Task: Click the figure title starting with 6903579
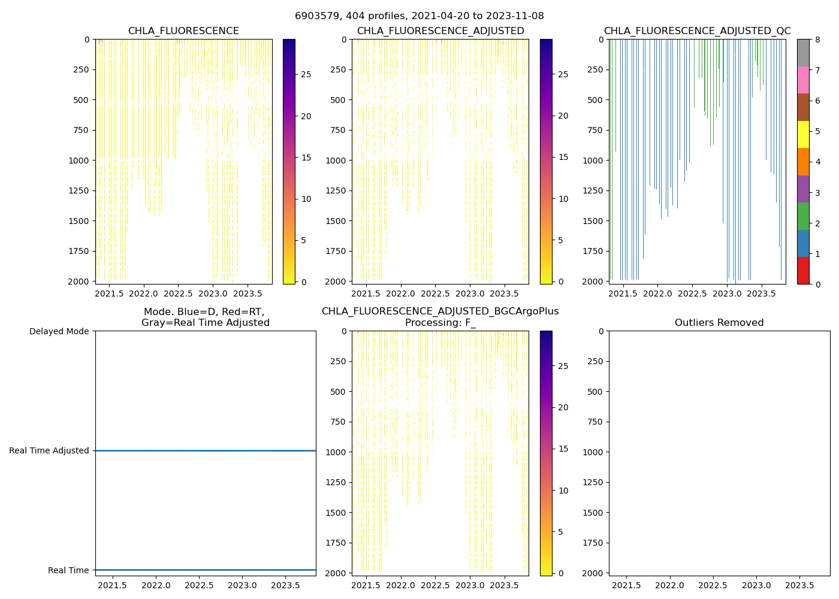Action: coord(419,16)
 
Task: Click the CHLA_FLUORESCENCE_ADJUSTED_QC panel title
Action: coord(697,31)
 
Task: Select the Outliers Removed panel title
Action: coord(719,323)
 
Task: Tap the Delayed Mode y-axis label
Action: coord(59,331)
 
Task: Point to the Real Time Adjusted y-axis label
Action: coord(49,450)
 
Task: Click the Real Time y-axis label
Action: coord(68,570)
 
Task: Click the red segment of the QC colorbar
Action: coord(803,271)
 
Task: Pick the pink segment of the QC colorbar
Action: coord(803,80)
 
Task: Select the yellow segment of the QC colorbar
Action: coord(803,135)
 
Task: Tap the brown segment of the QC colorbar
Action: coord(803,107)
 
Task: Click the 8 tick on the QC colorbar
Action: coord(817,40)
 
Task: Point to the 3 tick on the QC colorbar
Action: coord(817,193)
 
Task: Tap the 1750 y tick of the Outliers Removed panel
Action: coord(593,543)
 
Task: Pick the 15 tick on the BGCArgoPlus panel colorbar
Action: coord(563,449)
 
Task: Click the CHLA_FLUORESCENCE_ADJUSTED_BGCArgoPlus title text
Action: coord(440,311)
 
